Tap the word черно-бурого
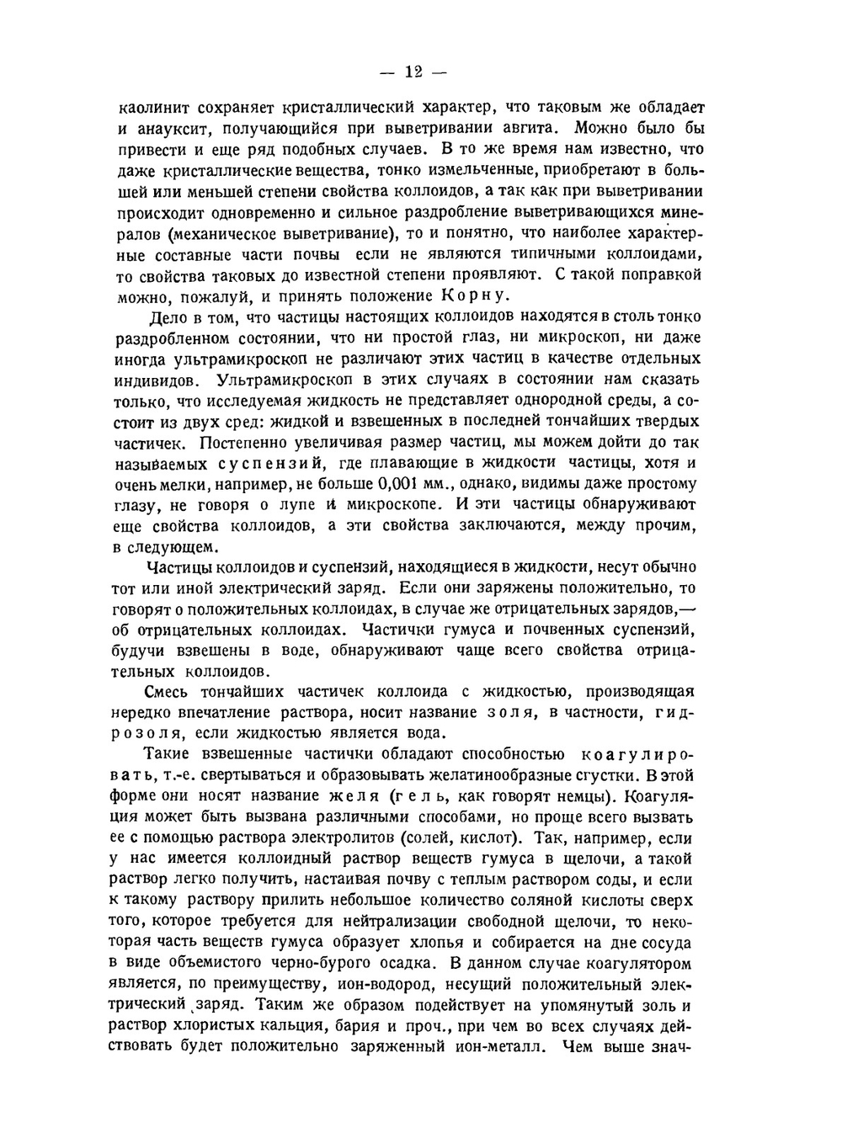pos(299,963)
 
